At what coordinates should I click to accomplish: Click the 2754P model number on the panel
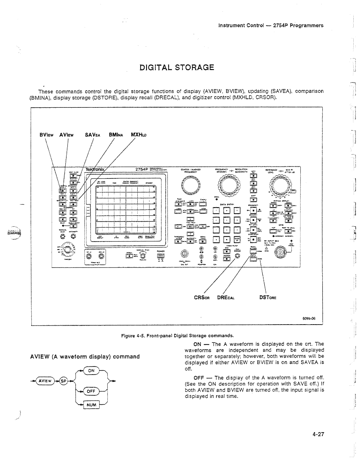point(142,169)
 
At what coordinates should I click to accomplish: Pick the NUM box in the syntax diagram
point(91,405)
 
